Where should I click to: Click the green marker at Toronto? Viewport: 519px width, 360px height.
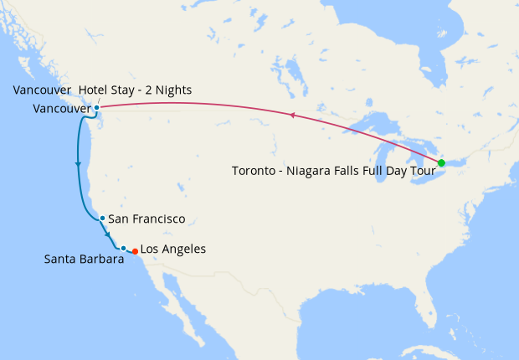pyautogui.click(x=441, y=162)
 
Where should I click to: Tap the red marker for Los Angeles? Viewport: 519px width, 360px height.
pyautogui.click(x=136, y=251)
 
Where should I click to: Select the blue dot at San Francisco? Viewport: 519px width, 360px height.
pyautogui.click(x=102, y=219)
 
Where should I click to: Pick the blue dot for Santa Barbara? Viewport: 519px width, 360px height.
pyautogui.click(x=123, y=248)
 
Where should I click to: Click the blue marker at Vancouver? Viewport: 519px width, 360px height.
pyautogui.click(x=97, y=108)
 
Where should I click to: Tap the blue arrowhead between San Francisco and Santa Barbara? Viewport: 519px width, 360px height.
pyautogui.click(x=107, y=232)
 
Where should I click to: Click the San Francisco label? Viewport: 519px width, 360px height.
pyautogui.click(x=146, y=219)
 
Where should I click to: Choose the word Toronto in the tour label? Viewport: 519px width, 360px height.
pyautogui.click(x=251, y=172)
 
